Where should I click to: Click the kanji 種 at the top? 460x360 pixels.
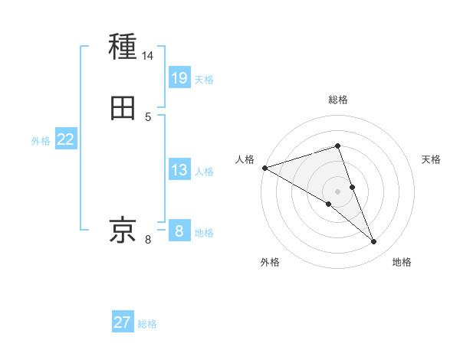point(123,47)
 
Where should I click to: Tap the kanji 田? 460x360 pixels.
point(123,108)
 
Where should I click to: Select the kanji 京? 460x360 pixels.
point(123,230)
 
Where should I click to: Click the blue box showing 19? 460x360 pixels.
point(179,77)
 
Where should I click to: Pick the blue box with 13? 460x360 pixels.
point(179,171)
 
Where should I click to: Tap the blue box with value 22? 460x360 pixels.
point(66,139)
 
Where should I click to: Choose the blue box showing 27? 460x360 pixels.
point(123,322)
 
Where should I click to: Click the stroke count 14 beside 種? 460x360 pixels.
point(148,57)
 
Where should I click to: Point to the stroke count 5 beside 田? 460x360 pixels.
point(148,117)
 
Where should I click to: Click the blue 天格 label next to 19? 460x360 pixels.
point(204,80)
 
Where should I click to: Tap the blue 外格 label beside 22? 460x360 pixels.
point(41,141)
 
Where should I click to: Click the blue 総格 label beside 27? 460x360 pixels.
point(147,324)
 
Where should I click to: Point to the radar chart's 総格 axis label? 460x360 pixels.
point(338,100)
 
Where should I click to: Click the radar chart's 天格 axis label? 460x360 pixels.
point(432,159)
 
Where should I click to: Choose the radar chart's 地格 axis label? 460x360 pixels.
point(402,262)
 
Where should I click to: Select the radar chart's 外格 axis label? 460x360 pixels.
point(270,262)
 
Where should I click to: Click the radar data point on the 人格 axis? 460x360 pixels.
point(264,168)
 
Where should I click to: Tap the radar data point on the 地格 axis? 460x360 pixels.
point(374,242)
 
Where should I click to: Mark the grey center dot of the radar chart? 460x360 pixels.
point(338,191)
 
